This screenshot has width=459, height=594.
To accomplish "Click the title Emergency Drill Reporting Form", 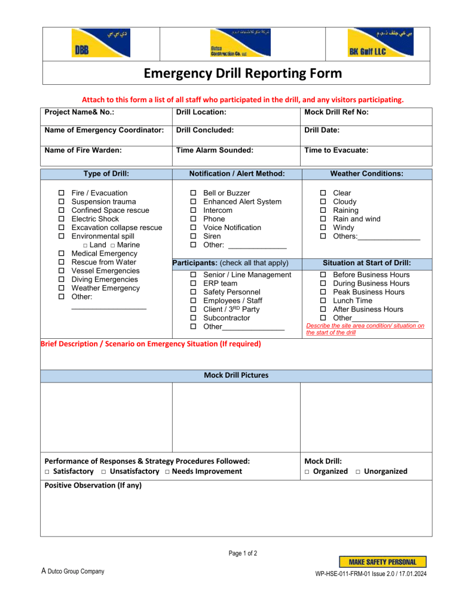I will tap(235, 74).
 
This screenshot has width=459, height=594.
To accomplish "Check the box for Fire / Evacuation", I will tap(62, 193).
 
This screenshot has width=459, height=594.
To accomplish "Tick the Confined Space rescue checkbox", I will tap(62, 210).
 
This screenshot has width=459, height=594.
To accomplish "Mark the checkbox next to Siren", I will tap(193, 237).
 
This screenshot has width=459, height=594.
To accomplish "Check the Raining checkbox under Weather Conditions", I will tap(323, 210).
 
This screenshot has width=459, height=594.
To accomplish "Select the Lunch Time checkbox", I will tap(323, 301).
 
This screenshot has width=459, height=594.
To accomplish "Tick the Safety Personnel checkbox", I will tap(193, 292).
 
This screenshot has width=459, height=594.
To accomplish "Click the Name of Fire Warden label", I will tap(83, 151).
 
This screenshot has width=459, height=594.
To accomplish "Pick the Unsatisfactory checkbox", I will tap(104, 472).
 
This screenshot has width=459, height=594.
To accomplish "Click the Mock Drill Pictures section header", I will tap(236, 375).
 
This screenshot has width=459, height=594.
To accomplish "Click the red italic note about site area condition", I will tap(365, 329).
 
